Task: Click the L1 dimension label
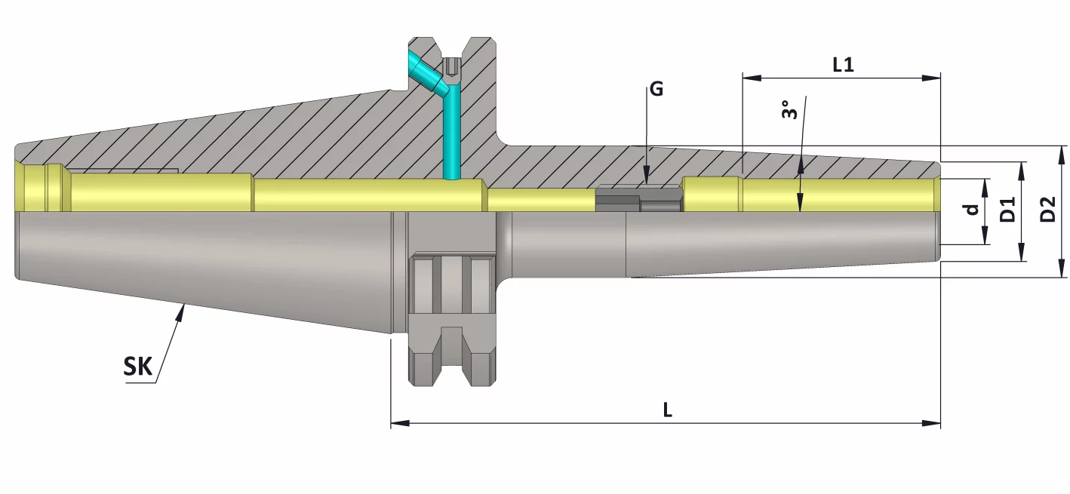click(843, 65)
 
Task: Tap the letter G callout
click(656, 89)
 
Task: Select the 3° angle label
click(789, 111)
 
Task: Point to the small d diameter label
click(973, 210)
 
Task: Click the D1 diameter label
click(1007, 210)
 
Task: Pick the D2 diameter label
click(1047, 210)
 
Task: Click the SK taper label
click(138, 367)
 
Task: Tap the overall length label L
click(667, 410)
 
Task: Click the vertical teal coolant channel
click(451, 136)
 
